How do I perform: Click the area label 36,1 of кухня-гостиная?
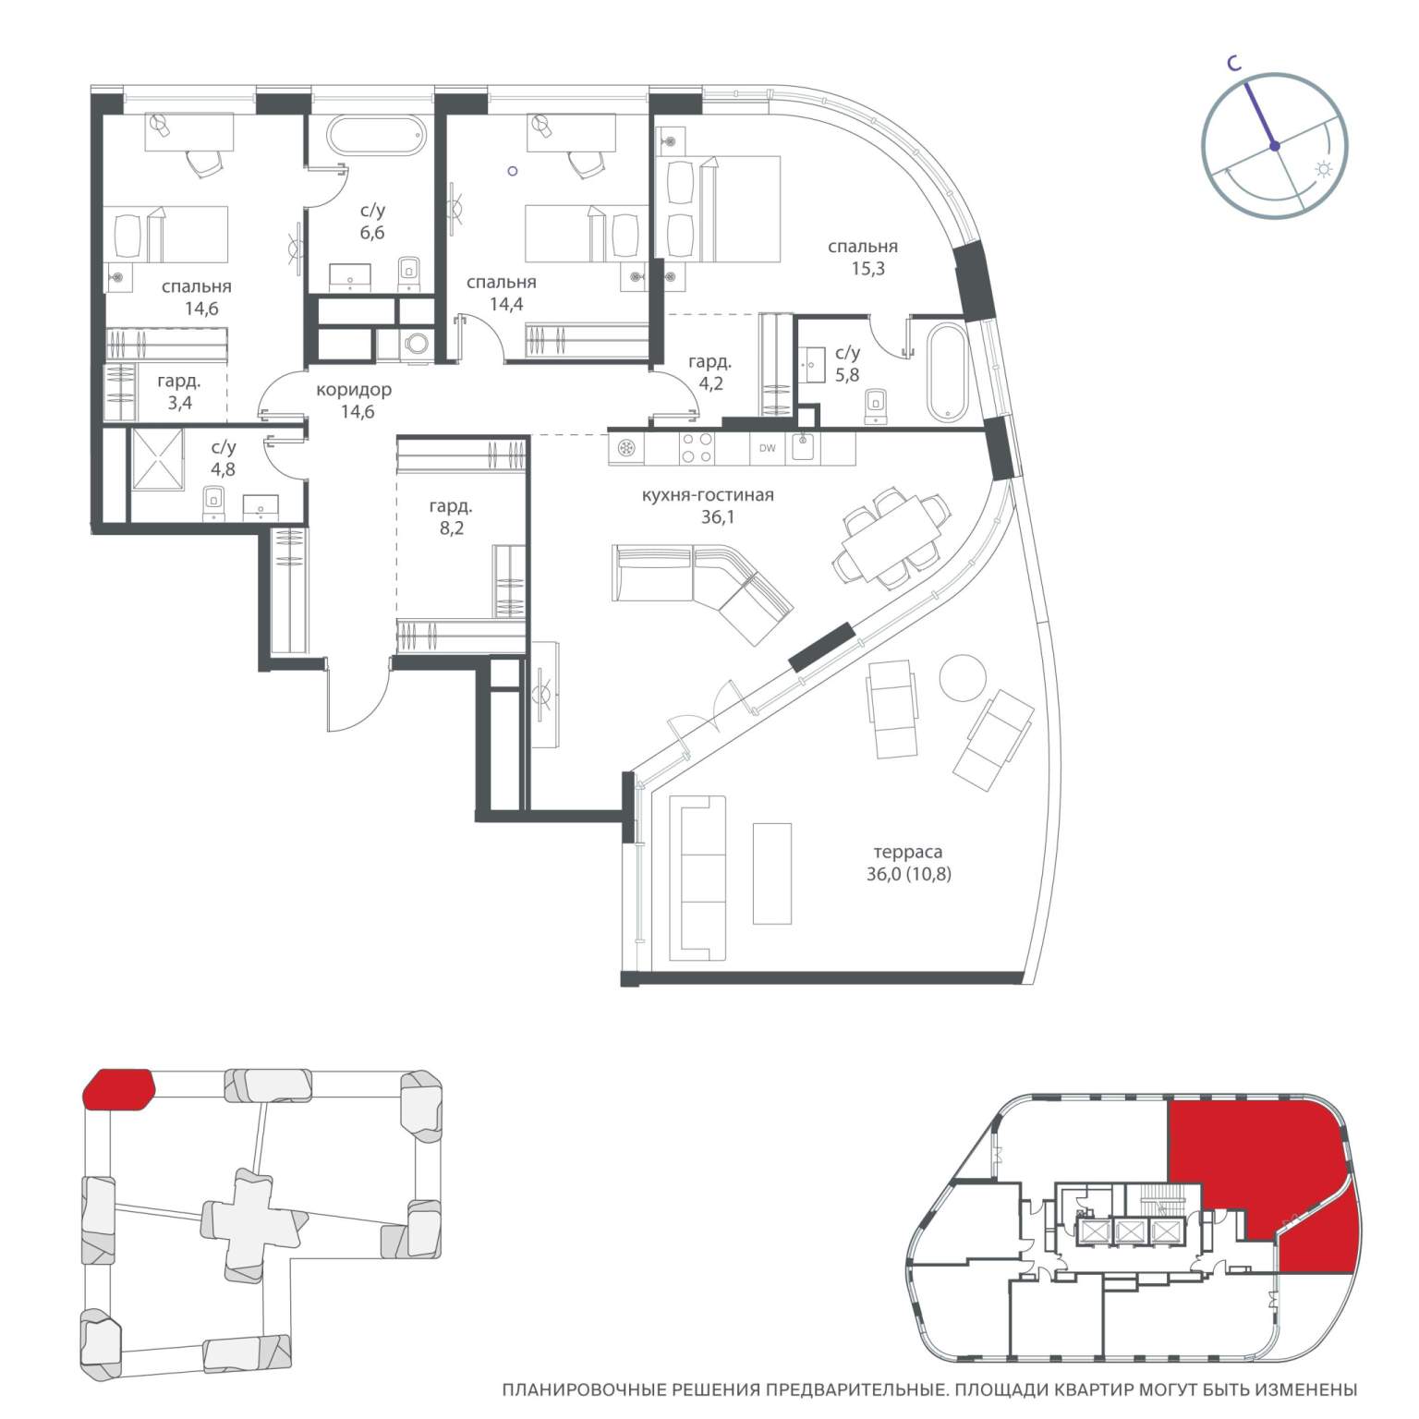coord(717,517)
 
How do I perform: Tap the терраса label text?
coord(908,852)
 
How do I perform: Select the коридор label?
coord(354,390)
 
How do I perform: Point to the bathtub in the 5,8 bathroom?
coord(947,370)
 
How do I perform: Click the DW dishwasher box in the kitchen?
coord(767,449)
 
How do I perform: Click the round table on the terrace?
coord(963,677)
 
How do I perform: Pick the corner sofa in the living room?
coord(702,591)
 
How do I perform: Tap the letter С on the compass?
coord(1233,63)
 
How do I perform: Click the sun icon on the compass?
coord(1324,170)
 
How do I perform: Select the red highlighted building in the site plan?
coord(118,1089)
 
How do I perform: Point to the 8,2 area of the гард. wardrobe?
coord(452,528)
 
